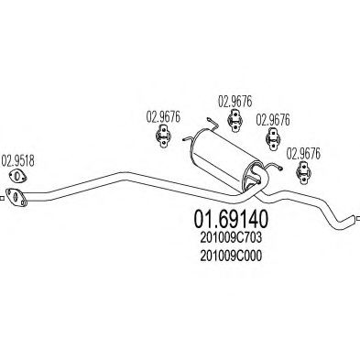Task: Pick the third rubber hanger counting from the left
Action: tap(272, 139)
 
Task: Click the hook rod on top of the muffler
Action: tap(213, 129)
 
